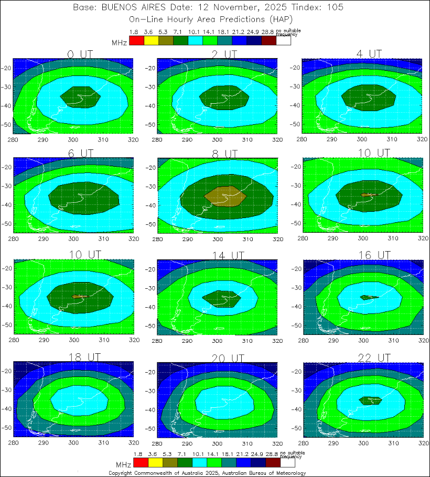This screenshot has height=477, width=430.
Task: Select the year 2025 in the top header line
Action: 283,8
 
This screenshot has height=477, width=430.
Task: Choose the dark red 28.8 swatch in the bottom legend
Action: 272,463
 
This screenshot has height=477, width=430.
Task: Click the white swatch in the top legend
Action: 283,40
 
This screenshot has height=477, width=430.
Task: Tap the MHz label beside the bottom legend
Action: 123,465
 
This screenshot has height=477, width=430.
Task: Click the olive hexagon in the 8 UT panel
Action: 224,196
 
